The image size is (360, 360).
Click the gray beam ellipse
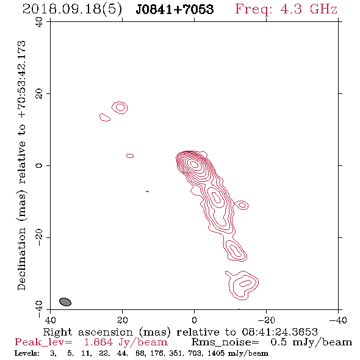pos(65,301)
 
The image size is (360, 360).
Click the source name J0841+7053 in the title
pos(175,9)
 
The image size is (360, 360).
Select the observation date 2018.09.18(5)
pos(72,9)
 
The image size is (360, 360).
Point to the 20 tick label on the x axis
pos(122,320)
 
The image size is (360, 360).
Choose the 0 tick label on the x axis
pos(194,320)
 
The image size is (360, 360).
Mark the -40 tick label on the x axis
pos(338,320)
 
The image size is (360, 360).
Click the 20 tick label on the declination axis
pos(39,94)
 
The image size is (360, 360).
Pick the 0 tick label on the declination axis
pos(39,165)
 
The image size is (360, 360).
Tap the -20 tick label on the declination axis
pos(39,237)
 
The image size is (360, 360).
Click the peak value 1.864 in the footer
pos(98,342)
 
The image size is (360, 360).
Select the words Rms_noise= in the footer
pos(225,342)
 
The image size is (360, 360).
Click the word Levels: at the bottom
pos(27,353)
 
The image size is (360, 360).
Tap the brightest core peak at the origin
pos(195,164)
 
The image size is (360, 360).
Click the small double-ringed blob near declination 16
pos(120,107)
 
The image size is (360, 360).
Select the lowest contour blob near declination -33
pos(242,285)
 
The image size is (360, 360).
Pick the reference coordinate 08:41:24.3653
pos(279,332)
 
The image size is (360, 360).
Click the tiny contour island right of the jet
pos(242,205)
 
